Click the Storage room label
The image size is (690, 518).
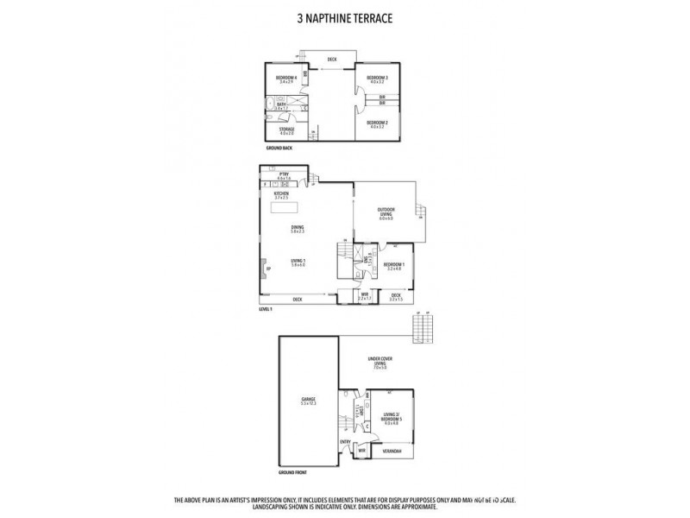click(286, 130)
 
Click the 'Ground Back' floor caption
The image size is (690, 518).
click(279, 149)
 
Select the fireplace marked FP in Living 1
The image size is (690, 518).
click(268, 270)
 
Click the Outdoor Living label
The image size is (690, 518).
click(386, 212)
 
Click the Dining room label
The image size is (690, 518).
click(298, 228)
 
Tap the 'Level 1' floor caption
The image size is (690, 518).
click(266, 308)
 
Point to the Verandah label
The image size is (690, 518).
click(393, 450)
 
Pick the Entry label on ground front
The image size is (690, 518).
click(345, 441)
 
